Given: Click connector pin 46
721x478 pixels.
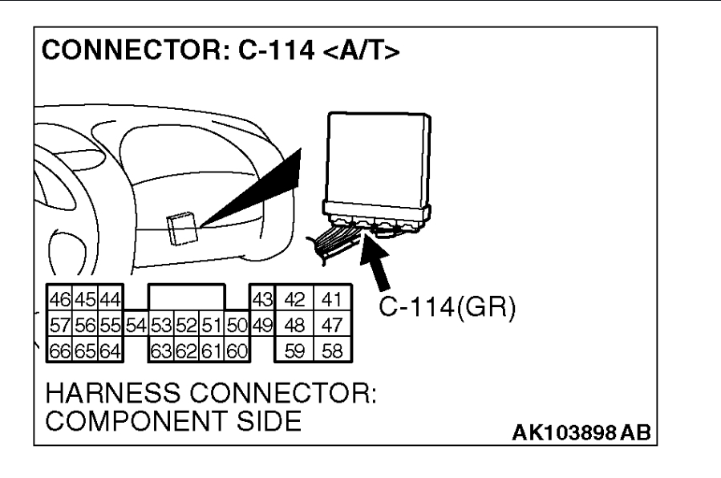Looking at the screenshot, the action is (58, 299).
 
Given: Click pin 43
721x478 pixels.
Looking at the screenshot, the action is (261, 299).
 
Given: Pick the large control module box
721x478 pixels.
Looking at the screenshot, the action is (375, 156).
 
